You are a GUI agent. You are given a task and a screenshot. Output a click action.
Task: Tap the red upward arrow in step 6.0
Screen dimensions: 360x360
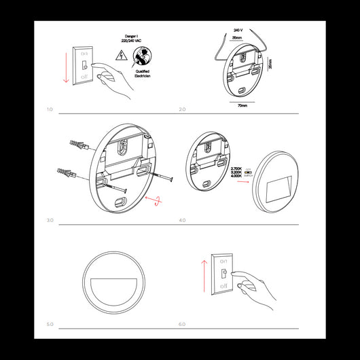coord(203,275)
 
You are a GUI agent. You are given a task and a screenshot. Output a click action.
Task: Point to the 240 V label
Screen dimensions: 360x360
coord(238,31)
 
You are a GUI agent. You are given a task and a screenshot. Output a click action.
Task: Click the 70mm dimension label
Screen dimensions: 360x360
coord(242,106)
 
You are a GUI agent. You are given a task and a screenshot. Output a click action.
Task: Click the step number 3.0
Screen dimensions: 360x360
coord(50,220)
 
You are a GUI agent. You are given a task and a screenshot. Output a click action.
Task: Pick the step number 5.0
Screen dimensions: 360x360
coord(50,324)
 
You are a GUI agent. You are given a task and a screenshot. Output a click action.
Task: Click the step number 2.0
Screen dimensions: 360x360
coord(182,109)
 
